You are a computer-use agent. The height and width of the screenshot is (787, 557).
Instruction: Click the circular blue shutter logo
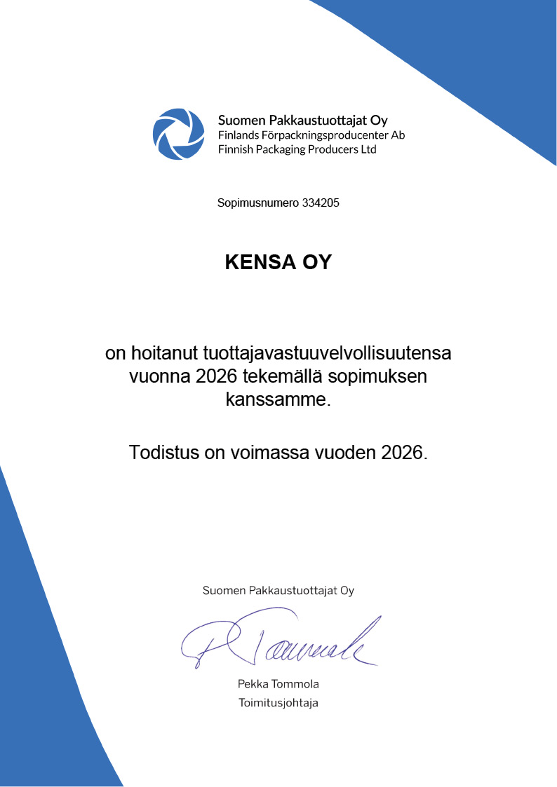pyautogui.click(x=180, y=134)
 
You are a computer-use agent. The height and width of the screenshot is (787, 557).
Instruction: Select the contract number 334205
pyautogui.click(x=321, y=204)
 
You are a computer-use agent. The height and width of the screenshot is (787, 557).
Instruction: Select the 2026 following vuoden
pyautogui.click(x=403, y=453)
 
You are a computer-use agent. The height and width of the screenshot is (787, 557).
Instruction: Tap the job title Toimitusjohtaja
pyautogui.click(x=278, y=703)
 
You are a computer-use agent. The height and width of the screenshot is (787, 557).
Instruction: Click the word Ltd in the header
pyautogui.click(x=368, y=149)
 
